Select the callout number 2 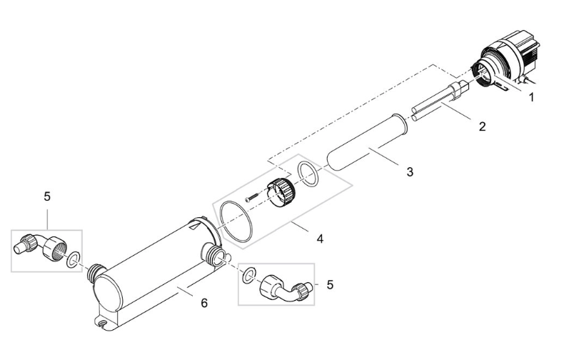tap(482, 127)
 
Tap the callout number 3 tap(408, 171)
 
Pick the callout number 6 tap(204, 303)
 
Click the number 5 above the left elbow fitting tap(47, 196)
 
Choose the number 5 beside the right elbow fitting tap(329, 284)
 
